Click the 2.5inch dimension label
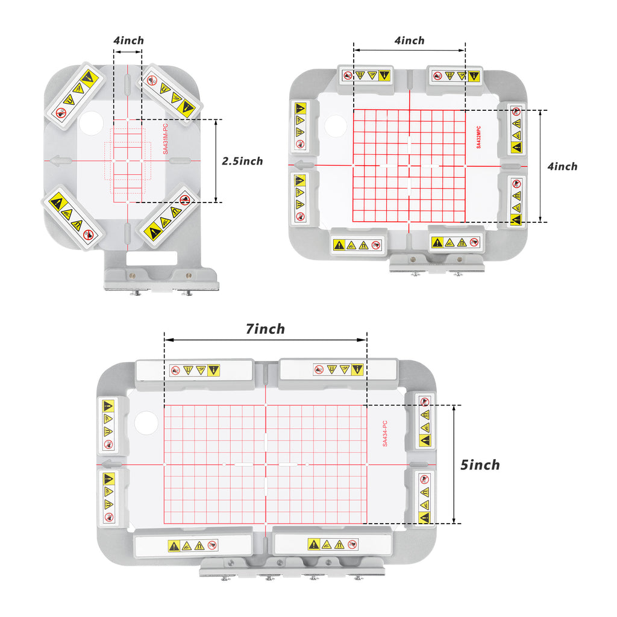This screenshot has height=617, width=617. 242,161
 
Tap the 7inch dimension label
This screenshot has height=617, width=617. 265,329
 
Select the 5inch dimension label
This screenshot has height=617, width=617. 480,465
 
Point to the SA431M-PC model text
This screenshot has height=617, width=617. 165,139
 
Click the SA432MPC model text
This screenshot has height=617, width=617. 478,137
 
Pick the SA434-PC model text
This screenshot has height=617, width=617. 385,433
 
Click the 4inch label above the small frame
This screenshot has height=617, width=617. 129,40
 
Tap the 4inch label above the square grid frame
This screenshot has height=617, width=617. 409,40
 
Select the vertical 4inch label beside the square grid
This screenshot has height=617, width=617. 562,166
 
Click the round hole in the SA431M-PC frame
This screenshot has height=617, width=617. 92,123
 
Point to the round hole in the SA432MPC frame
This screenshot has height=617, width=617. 336,125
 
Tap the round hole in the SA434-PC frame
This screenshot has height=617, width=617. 146,422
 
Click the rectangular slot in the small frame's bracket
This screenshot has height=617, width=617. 151,258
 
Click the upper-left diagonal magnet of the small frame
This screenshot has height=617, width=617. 75,95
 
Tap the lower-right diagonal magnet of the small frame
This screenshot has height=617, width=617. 169,216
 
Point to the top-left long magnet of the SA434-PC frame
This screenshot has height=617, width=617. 195,374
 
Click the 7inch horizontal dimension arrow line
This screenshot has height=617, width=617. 266,340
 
